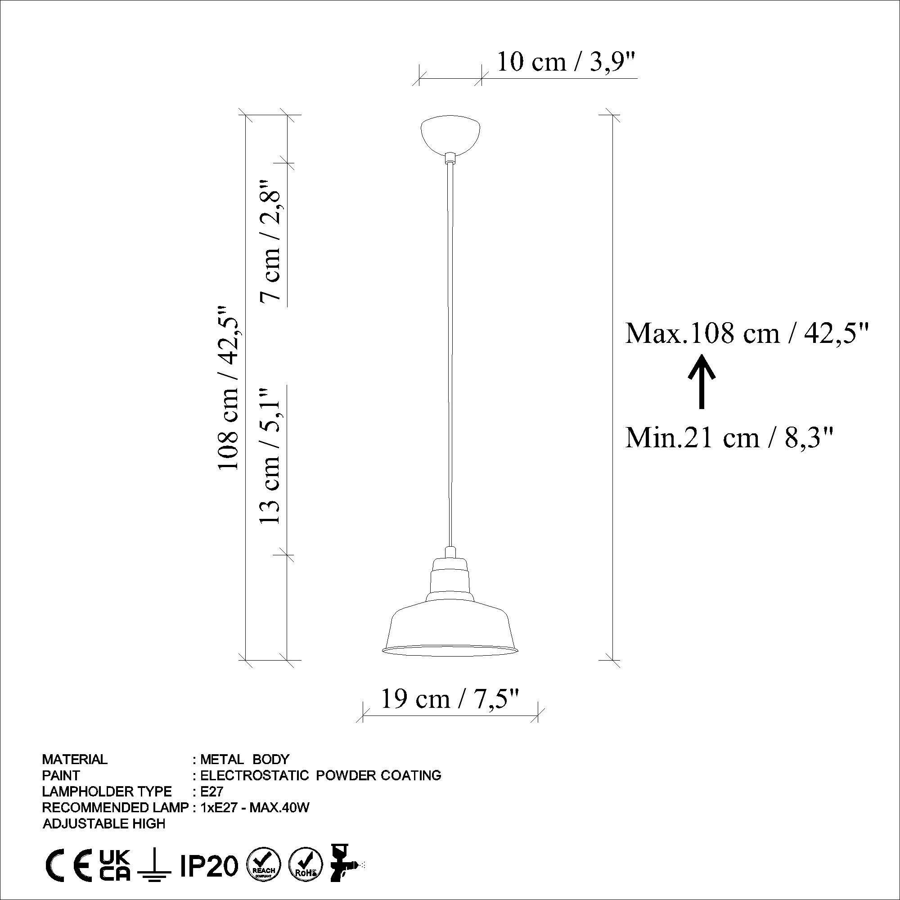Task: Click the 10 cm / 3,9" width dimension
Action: (567, 62)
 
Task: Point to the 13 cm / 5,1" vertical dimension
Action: (270, 454)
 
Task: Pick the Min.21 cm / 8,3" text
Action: (729, 437)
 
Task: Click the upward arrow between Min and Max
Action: (702, 381)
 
